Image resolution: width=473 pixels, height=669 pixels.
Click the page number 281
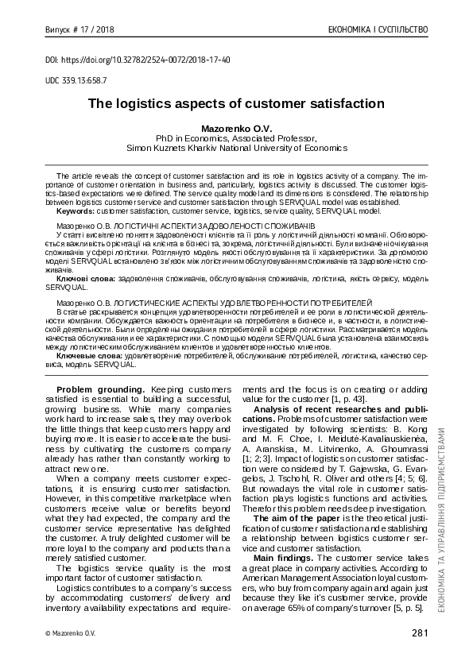point(420,632)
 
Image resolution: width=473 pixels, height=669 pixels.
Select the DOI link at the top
point(138,59)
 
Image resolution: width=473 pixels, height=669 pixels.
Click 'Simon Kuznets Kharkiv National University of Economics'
point(236,147)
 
